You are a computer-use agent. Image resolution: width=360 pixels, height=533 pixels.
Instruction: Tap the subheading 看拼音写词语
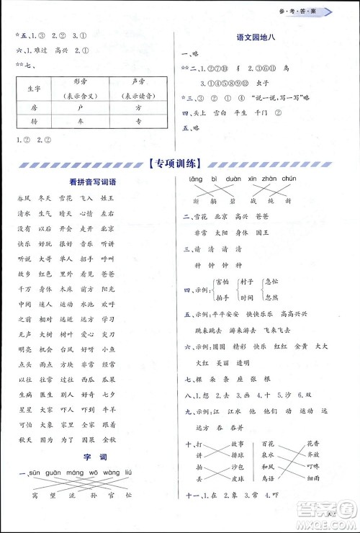click(89, 183)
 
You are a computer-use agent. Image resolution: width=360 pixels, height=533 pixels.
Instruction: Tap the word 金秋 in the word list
click(109, 438)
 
